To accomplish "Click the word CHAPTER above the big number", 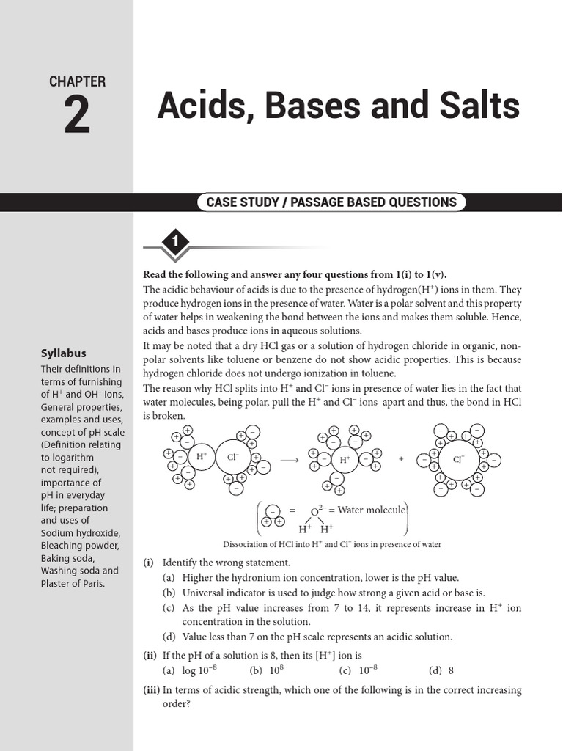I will [x=77, y=81].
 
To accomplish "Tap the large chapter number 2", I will [x=78, y=116].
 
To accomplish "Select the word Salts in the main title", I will [x=479, y=107].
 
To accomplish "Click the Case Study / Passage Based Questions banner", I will [x=331, y=202].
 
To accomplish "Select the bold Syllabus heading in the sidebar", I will [x=63, y=353].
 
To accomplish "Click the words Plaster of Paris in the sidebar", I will [x=73, y=583].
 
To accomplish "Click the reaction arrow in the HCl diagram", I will [x=290, y=460].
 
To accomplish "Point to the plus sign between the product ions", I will [x=401, y=459].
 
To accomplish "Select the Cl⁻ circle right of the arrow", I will [x=458, y=460].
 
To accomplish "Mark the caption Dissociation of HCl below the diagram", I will [x=331, y=544].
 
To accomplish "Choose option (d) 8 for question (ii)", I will [x=441, y=670].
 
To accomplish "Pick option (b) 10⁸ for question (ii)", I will [x=266, y=670].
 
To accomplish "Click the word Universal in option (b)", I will [x=203, y=593].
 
